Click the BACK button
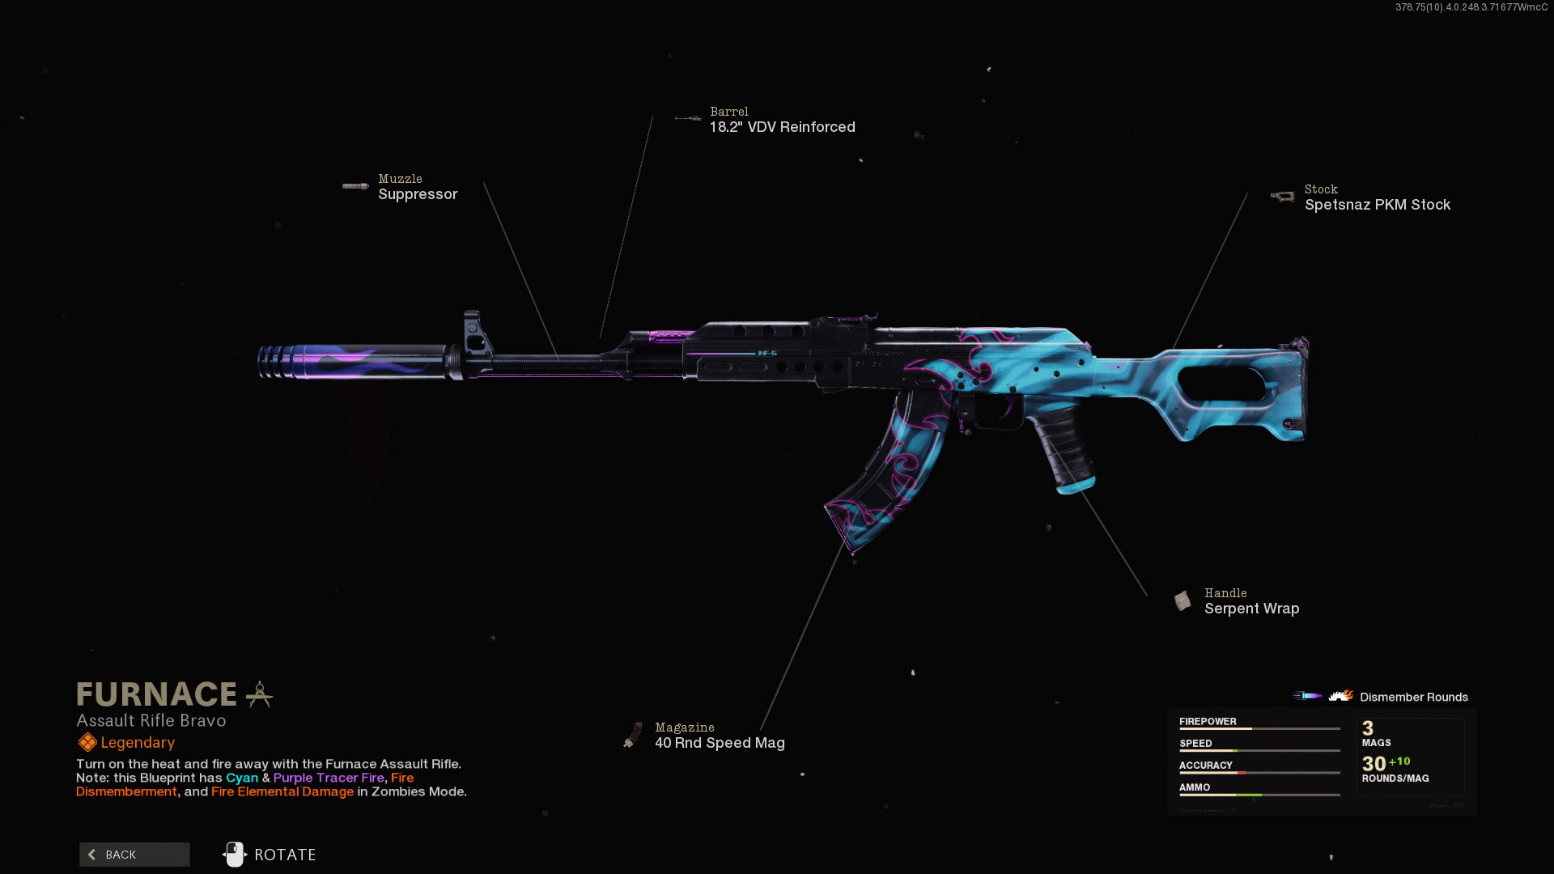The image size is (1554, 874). point(134,855)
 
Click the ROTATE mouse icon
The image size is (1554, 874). point(235,855)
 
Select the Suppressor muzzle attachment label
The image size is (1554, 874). point(418,194)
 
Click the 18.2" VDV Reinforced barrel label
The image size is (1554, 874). point(782,127)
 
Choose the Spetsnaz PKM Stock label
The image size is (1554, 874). point(1377,205)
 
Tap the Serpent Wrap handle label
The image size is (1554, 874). point(1251,609)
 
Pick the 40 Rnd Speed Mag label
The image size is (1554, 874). point(720,743)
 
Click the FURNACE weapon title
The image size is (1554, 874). point(156,694)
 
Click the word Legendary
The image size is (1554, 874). point(138,743)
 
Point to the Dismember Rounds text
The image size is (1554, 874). point(1413,697)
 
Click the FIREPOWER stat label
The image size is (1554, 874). point(1208,721)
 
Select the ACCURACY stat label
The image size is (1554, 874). point(1205,765)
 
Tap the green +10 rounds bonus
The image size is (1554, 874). point(1399,762)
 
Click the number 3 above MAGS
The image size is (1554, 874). point(1368,728)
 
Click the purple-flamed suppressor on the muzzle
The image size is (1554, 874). point(352,362)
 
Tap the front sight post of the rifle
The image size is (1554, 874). point(473,332)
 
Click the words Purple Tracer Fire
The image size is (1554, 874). point(329,778)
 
